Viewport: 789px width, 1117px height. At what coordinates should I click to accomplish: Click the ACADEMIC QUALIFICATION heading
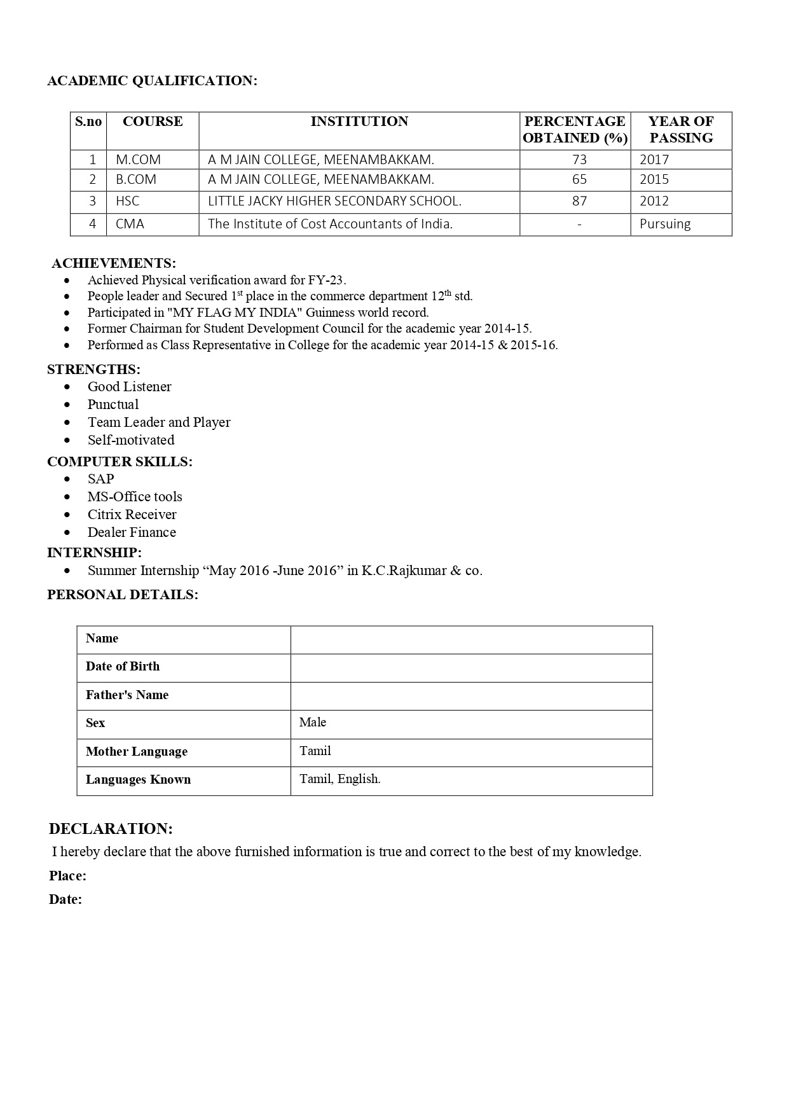[x=152, y=81]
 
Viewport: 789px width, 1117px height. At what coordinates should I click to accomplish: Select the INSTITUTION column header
[x=359, y=121]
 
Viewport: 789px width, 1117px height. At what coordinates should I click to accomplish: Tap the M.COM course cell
[x=138, y=160]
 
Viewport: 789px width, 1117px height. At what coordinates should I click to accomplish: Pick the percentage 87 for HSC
[x=579, y=202]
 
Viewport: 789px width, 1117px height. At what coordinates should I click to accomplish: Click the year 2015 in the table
[x=654, y=179]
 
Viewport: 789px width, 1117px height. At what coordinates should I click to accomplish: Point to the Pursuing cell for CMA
[x=665, y=224]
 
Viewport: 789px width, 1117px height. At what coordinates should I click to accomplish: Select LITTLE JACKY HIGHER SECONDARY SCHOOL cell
[x=334, y=202]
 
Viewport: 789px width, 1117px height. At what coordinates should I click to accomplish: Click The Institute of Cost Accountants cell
[x=330, y=224]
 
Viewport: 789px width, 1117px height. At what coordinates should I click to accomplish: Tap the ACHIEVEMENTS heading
[x=114, y=263]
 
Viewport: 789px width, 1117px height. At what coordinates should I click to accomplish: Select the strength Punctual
[x=113, y=405]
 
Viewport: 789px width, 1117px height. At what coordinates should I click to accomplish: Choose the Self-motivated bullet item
[x=131, y=440]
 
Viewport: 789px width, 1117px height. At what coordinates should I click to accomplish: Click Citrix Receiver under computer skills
[x=132, y=515]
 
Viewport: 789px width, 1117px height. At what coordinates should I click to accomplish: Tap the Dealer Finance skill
[x=132, y=532]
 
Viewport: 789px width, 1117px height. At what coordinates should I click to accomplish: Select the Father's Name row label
[x=127, y=695]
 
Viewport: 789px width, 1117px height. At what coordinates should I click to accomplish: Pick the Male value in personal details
[x=313, y=723]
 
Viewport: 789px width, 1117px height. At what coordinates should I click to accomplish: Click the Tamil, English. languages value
[x=340, y=779]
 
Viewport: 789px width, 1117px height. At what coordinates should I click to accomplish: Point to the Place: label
[x=67, y=876]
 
